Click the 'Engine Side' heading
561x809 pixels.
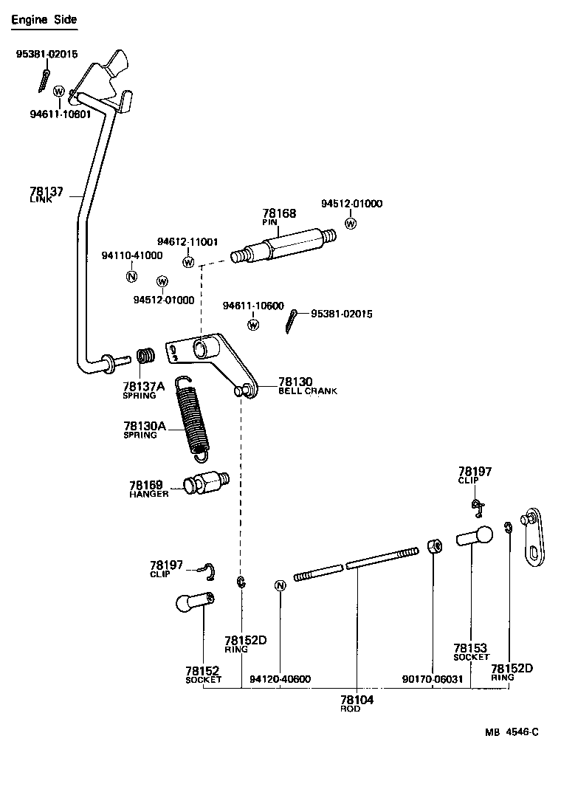point(44,20)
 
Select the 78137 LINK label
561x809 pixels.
point(46,195)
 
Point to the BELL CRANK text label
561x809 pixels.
point(307,391)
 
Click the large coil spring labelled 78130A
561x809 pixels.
point(193,416)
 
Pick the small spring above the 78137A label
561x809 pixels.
point(147,356)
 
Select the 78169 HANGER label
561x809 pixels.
point(148,489)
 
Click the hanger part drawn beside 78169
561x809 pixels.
point(205,483)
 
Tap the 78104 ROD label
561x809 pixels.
point(357,703)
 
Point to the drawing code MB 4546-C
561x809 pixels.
point(512,732)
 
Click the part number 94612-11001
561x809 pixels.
point(187,242)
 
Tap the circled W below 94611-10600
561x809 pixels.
point(253,324)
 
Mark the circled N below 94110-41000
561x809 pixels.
point(131,277)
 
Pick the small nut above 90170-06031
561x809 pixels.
point(434,548)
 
